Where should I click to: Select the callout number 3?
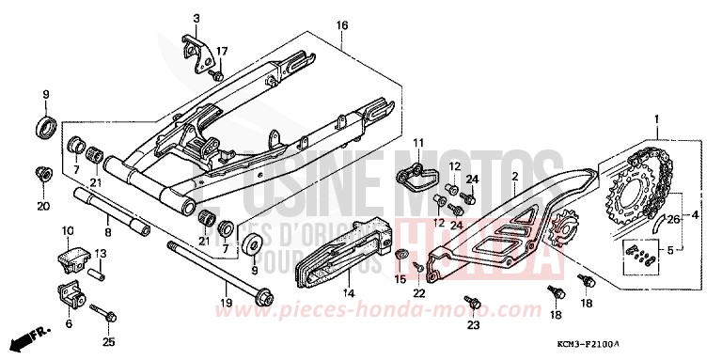tap(196, 18)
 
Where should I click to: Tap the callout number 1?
tap(657, 119)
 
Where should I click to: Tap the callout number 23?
tap(473, 325)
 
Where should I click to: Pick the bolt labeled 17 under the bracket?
tap(215, 73)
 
